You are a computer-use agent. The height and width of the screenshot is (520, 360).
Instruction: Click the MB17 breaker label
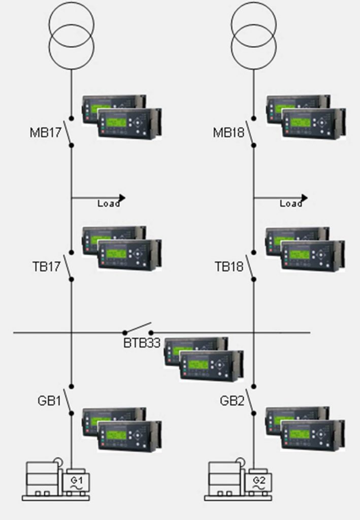tap(45, 134)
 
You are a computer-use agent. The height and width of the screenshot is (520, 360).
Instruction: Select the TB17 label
tap(45, 266)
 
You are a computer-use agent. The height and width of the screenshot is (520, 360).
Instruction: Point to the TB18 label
tap(229, 266)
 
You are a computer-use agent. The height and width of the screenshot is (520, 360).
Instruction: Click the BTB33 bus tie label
tap(142, 343)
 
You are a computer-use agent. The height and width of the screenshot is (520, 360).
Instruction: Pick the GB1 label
tap(49, 401)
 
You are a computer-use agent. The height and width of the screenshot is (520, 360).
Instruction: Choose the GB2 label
tap(232, 401)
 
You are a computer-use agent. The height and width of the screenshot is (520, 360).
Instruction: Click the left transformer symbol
tap(71, 35)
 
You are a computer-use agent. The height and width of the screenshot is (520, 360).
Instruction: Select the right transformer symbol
tap(254, 35)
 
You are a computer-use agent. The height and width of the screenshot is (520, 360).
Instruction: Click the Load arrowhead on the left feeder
tap(121, 198)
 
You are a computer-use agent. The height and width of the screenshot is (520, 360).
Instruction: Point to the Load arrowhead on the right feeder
tap(304, 198)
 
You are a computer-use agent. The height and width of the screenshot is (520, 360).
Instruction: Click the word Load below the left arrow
tap(109, 204)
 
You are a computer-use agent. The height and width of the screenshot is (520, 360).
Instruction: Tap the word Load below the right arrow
tap(291, 204)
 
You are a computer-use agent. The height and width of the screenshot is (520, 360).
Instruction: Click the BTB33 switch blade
tap(137, 328)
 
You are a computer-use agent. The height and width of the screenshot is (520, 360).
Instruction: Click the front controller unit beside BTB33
tap(211, 366)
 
